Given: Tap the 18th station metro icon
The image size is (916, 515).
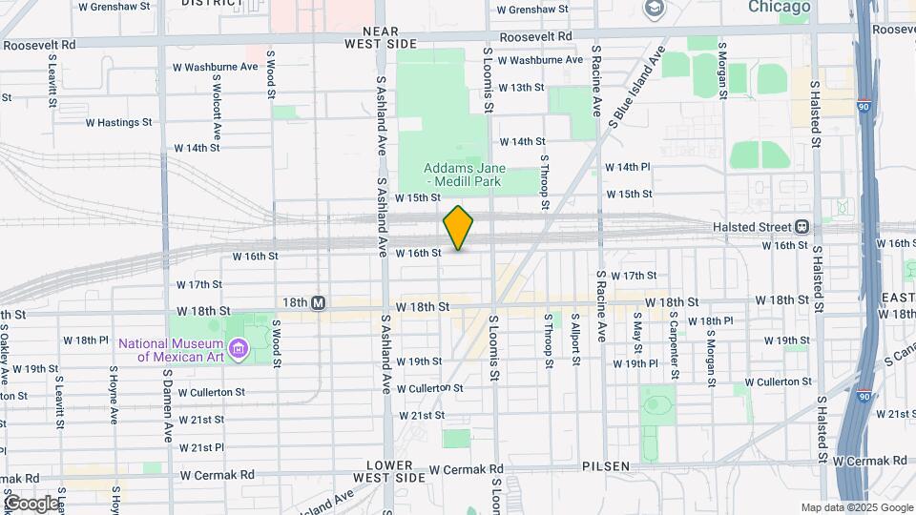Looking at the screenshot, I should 319,302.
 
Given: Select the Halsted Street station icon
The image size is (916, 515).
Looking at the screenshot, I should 801,227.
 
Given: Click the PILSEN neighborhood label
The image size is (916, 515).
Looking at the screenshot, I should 606,466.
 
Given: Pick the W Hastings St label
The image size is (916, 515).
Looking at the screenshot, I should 118,122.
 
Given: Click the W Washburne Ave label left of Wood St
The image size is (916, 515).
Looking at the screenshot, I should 216,67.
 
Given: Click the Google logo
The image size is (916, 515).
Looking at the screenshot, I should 31,503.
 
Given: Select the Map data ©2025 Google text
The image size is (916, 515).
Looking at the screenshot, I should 856,508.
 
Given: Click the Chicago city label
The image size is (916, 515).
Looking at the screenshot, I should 779,8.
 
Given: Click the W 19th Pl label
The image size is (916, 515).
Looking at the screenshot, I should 635,363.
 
